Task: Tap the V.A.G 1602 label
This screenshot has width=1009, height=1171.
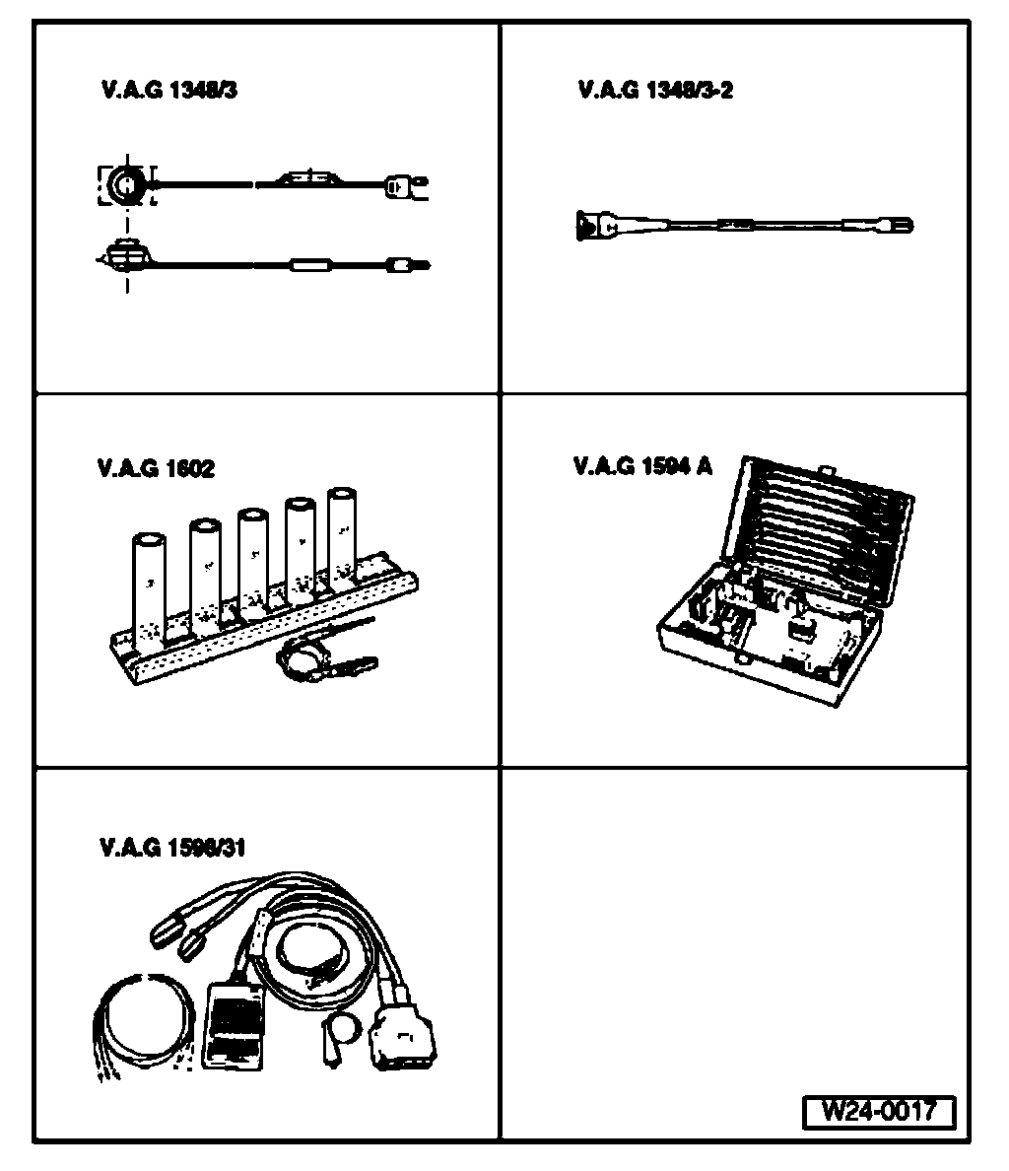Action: tap(156, 468)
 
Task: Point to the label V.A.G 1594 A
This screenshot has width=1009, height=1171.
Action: tap(641, 466)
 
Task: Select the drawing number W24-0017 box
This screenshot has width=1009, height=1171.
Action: tap(877, 1112)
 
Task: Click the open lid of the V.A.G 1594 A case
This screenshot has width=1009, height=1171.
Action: tap(823, 532)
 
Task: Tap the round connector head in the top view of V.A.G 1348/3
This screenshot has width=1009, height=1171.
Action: tap(125, 184)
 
